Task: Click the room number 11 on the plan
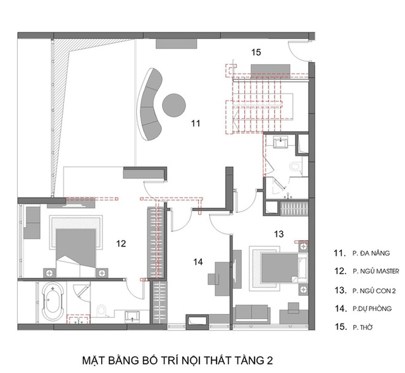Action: click(196, 123)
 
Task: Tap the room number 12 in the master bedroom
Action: click(121, 244)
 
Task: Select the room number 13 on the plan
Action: click(278, 234)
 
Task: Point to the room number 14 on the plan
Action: click(198, 262)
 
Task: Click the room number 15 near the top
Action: click(256, 52)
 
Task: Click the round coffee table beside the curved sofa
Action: click(174, 105)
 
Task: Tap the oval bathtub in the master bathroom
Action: click(53, 301)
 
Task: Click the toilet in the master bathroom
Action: click(102, 310)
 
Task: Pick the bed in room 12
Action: click(76, 252)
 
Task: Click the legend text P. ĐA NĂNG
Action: click(371, 253)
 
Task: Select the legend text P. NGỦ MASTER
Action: click(376, 271)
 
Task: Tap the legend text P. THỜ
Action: click(363, 327)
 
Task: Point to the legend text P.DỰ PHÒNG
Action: click(372, 308)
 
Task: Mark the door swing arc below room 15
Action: click(296, 55)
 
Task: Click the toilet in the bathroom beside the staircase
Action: click(296, 166)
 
